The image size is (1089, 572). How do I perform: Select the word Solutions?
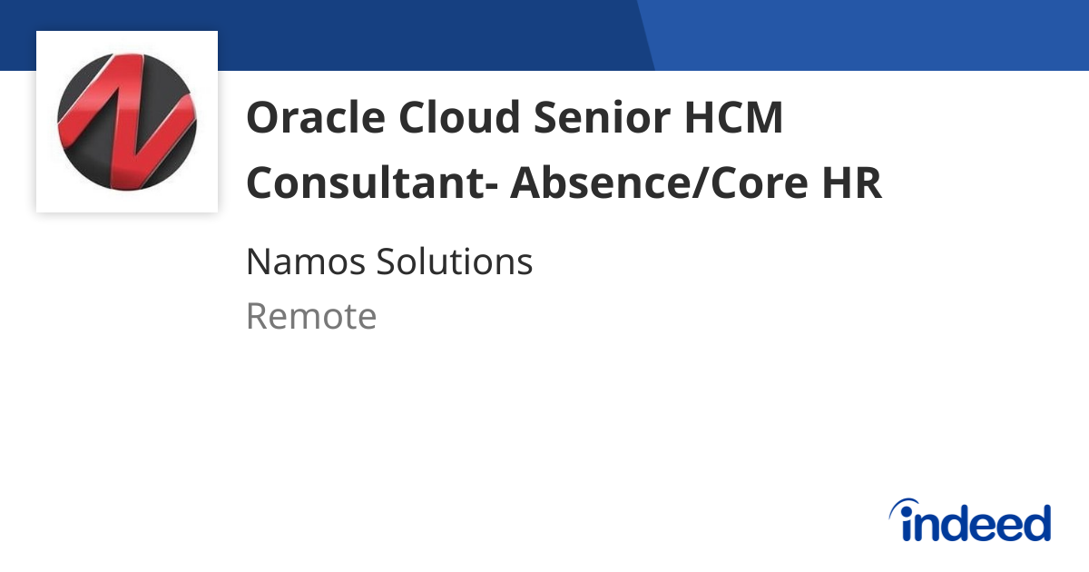tap(455, 262)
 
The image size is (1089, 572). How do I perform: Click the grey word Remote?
tap(311, 317)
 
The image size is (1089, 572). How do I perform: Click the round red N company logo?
tap(126, 122)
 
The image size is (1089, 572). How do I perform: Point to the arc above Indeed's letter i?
tap(906, 505)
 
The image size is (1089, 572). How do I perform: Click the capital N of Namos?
tap(258, 262)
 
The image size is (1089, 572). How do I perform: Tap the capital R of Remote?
tap(258, 317)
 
